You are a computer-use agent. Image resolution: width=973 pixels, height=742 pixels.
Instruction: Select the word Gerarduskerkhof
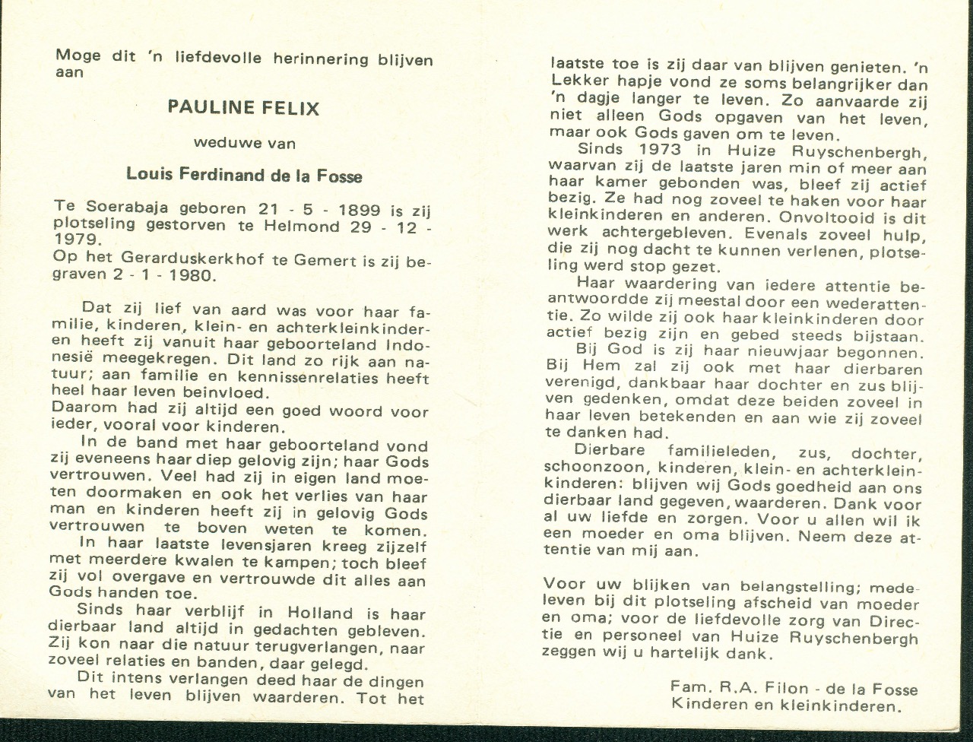tap(173, 259)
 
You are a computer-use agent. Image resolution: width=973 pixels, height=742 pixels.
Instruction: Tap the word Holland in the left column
tap(320, 613)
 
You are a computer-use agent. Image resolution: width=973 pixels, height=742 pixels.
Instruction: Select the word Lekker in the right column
tap(574, 83)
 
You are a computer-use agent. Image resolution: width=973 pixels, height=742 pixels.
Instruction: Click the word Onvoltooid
tap(820, 217)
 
